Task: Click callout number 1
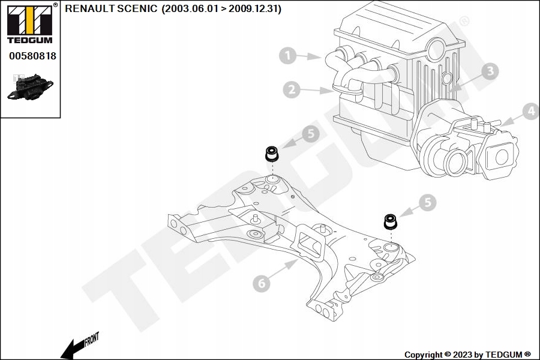[x=288, y=56]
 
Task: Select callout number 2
[x=292, y=90]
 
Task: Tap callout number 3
[x=490, y=71]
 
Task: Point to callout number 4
[x=530, y=111]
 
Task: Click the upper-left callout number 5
[x=310, y=134]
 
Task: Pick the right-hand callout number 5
[x=427, y=202]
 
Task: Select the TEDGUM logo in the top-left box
[x=29, y=24]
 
